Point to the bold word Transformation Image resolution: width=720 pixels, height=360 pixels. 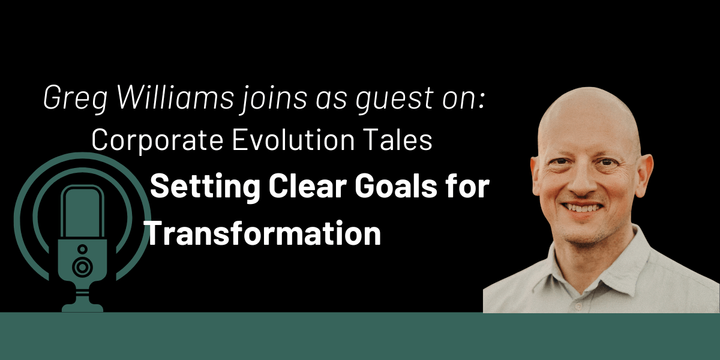pos(264,233)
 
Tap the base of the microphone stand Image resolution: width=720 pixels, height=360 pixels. pos(82,305)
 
